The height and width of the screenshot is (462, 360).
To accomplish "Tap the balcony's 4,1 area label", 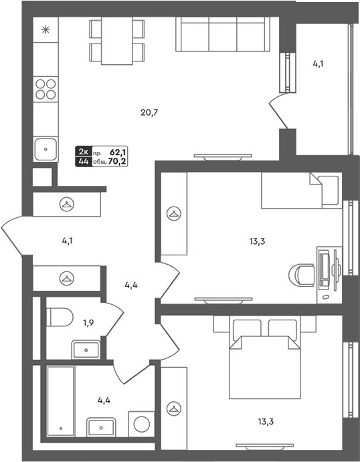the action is tap(318, 64).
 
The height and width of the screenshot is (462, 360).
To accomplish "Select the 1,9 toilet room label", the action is tap(88, 323).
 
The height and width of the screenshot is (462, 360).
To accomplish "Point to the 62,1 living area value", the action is tap(116, 152).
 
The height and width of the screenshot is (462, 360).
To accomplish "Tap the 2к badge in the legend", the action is tap(84, 152).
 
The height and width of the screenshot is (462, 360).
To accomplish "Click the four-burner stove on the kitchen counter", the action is tap(46, 90).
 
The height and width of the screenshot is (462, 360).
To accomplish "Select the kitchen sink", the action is tap(46, 149).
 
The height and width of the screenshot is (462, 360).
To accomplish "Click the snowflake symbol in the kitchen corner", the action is tap(46, 30).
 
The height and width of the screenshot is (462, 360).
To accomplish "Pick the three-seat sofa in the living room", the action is tap(223, 34).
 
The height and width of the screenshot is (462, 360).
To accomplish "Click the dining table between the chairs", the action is tap(116, 41).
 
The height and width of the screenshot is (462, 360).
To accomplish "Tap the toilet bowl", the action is tap(60, 317).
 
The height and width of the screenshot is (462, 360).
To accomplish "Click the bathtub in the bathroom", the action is tap(61, 400).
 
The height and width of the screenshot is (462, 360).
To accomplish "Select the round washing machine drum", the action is tap(141, 424).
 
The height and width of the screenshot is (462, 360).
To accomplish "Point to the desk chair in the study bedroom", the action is tap(301, 273).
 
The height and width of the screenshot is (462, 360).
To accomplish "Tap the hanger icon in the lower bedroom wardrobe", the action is tap(174, 409).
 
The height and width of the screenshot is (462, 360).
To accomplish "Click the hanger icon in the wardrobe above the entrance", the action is tap(67, 204).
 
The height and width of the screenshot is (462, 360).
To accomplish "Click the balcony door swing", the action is tap(278, 112).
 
